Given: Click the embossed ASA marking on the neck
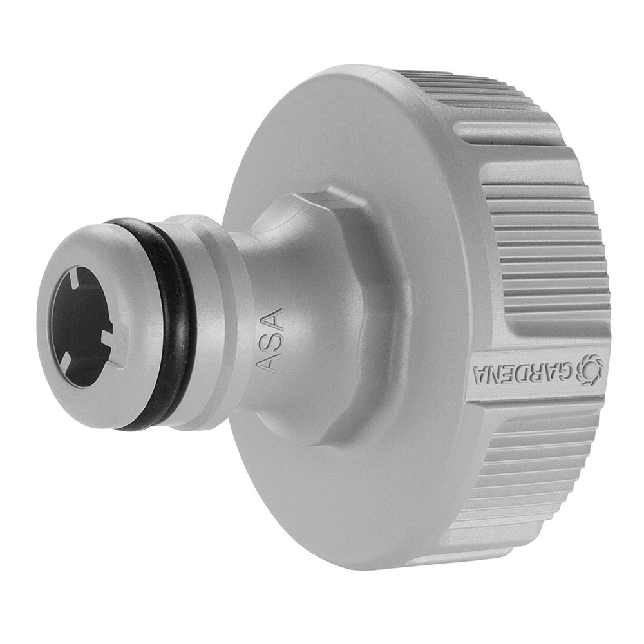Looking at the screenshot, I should [x=269, y=339].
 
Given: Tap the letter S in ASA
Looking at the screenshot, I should [x=269, y=340].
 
